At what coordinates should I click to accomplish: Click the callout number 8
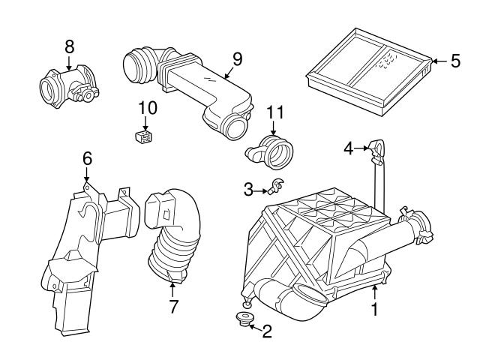70,46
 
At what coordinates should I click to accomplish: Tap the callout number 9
237,58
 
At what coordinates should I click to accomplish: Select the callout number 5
455,61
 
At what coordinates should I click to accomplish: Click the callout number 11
276,113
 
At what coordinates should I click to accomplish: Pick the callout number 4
348,148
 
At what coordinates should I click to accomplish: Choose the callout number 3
248,190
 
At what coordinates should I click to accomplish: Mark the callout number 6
87,158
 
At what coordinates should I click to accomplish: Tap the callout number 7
173,307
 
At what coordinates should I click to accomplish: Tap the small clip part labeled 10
141,136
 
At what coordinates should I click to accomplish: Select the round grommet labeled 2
242,321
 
